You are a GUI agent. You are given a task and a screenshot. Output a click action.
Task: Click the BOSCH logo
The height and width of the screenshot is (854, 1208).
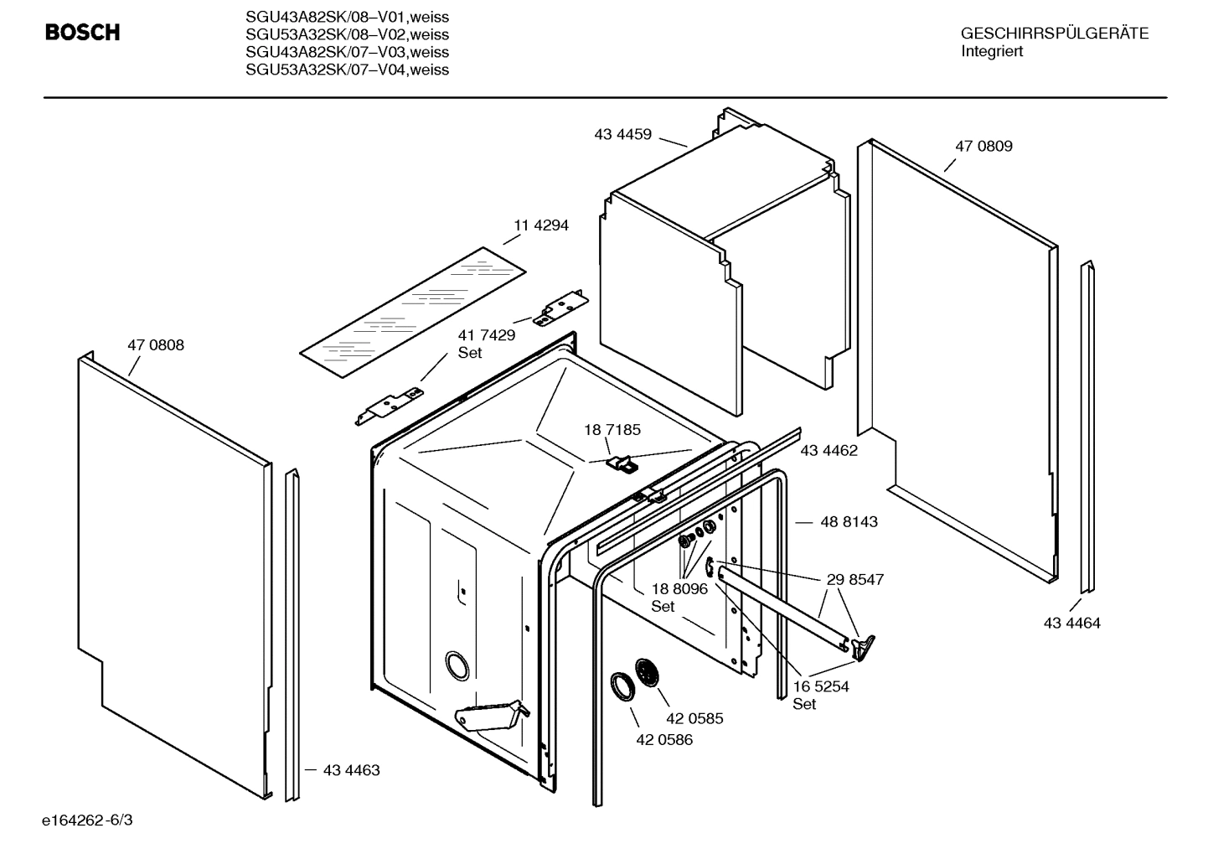(x=82, y=33)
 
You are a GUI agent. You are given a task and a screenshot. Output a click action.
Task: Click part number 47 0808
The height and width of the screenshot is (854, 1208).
(x=156, y=345)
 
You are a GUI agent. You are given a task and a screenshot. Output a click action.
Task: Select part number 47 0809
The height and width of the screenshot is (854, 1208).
(x=983, y=146)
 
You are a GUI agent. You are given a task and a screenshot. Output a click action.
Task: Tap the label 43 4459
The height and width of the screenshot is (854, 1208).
(x=622, y=133)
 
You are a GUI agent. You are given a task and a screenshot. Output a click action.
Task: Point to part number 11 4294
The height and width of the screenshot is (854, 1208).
(x=540, y=225)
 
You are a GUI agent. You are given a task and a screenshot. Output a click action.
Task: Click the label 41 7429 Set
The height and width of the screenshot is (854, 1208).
(x=486, y=344)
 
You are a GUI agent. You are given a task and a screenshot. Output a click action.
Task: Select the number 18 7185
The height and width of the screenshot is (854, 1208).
(x=612, y=430)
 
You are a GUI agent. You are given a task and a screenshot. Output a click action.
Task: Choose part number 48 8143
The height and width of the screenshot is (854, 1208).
(x=849, y=522)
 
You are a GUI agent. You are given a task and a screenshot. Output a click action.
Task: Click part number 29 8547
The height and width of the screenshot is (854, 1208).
(x=854, y=579)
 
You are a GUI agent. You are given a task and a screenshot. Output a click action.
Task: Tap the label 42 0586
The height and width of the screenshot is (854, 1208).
(x=664, y=740)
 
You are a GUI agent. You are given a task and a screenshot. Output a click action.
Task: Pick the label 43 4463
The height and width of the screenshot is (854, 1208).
(x=351, y=770)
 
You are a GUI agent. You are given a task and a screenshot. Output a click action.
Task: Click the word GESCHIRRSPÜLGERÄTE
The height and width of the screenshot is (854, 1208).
(x=1054, y=34)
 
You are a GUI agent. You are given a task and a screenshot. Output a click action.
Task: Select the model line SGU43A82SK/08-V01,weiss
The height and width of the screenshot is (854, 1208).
(x=347, y=17)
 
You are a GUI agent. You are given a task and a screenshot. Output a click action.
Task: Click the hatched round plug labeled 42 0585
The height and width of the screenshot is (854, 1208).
(x=647, y=673)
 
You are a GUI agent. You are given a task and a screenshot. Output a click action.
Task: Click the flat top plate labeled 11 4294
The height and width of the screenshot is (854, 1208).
(x=413, y=311)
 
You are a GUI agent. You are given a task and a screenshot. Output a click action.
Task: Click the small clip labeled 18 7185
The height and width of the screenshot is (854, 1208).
(x=621, y=463)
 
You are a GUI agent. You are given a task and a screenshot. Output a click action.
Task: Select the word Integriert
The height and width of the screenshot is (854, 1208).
(x=991, y=51)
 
